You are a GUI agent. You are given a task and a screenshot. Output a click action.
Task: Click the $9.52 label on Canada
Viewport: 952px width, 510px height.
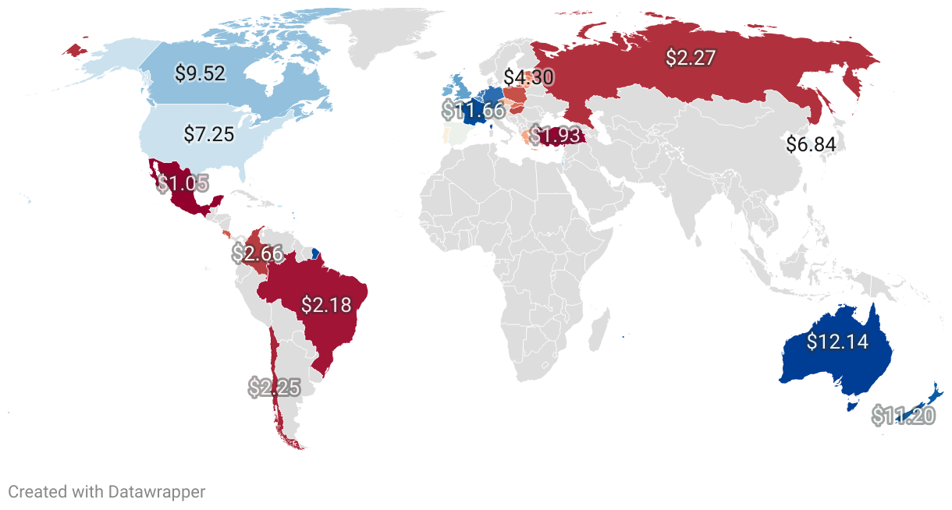click(200, 73)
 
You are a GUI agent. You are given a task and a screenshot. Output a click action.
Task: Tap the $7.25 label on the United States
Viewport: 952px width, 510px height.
click(208, 133)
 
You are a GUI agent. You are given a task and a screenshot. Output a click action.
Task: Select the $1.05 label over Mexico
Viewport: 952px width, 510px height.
click(183, 184)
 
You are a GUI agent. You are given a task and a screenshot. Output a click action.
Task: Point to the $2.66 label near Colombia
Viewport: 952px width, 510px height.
click(257, 253)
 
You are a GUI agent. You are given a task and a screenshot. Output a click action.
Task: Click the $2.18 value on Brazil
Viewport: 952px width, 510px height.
click(327, 305)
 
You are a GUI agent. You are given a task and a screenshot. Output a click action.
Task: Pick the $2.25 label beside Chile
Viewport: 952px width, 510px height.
click(274, 387)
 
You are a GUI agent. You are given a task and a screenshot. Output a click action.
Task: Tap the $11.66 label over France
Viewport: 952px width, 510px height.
click(473, 111)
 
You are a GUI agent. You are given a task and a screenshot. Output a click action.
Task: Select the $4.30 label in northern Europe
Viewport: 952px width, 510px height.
click(528, 77)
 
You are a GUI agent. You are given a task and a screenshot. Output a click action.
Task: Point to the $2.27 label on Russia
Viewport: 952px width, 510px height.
click(691, 57)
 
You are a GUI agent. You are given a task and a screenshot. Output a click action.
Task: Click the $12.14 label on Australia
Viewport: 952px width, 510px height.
click(837, 342)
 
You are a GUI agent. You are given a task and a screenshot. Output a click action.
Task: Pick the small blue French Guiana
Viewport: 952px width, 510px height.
click(314, 253)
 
